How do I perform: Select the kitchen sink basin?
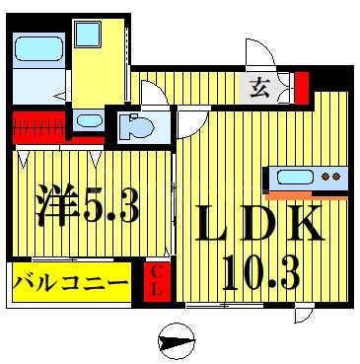point(296,179)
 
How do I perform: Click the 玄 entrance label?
point(258,88)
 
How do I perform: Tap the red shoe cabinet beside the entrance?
point(302,87)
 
